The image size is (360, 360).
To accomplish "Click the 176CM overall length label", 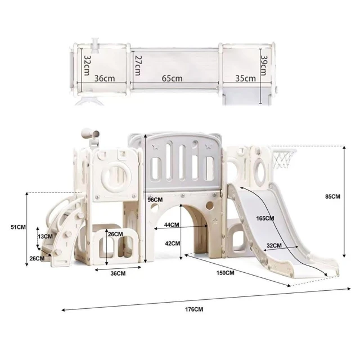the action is tap(194, 309).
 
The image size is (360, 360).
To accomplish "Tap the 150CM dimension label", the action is tap(225, 273).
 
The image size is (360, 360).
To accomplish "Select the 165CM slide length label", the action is tap(265, 218).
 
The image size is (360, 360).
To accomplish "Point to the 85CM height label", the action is tap(332, 196).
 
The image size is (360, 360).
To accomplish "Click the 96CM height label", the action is tap(155, 200).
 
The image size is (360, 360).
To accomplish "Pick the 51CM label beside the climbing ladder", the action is tap(18, 227).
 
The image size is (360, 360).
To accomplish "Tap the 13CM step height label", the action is tap(45, 236).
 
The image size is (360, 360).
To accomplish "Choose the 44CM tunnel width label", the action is tap(172, 225).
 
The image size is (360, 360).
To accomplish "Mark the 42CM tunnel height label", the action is tap(173, 243).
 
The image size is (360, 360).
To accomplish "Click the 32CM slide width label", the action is tap(274, 245).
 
